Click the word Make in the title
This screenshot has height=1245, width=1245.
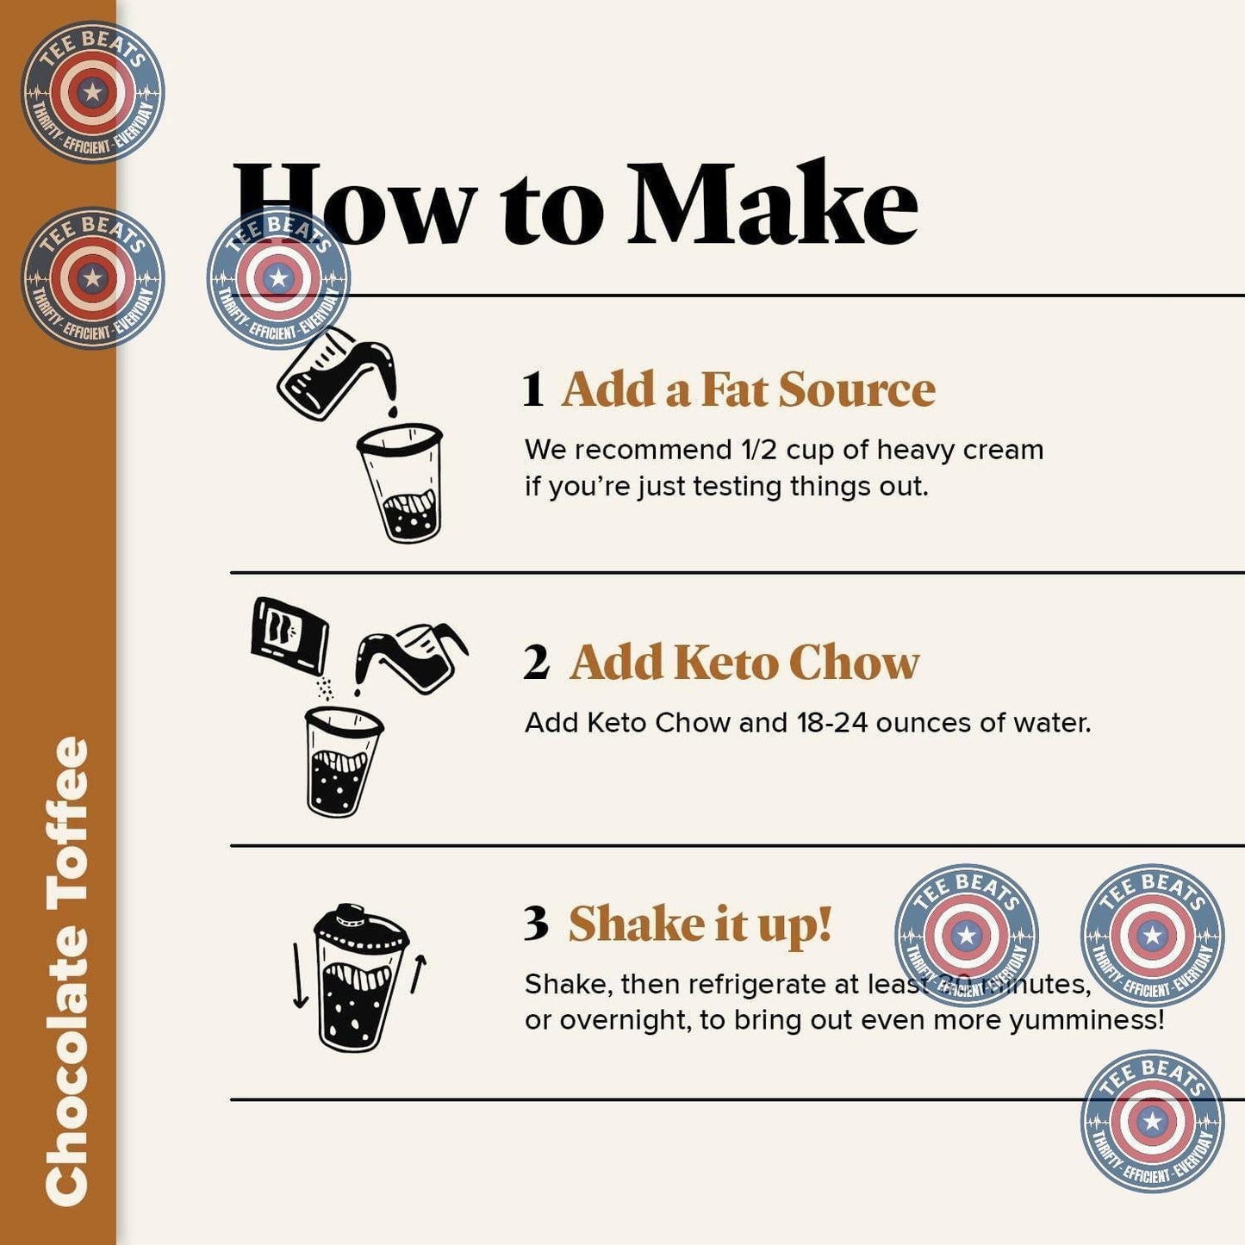coord(772,205)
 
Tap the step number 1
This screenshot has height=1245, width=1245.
coord(532,390)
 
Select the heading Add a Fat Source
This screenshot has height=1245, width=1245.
coord(748,389)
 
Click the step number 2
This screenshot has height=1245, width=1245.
coord(535,663)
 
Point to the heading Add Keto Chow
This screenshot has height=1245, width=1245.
coord(744,663)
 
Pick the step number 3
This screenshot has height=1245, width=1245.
coord(535,924)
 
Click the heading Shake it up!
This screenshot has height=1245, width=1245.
coord(700,924)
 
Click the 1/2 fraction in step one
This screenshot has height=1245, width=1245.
coord(759,450)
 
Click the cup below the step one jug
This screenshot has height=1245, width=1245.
coord(402,482)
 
